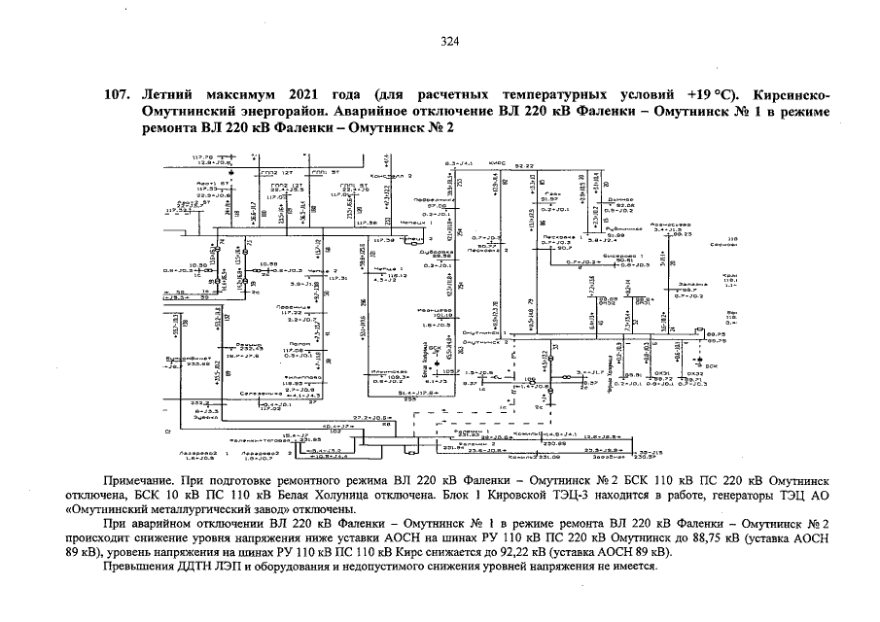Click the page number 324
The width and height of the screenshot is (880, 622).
click(x=449, y=41)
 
